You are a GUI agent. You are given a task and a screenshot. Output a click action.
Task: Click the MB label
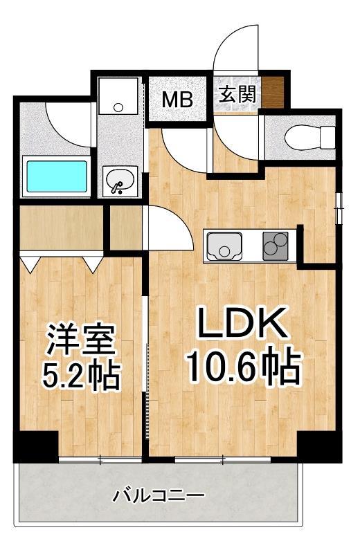click(x=177, y=99)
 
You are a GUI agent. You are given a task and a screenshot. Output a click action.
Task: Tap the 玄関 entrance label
click(x=237, y=94)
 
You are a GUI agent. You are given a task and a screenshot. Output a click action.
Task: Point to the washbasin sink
click(x=120, y=181)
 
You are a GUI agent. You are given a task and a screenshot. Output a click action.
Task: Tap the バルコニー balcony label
click(x=159, y=496)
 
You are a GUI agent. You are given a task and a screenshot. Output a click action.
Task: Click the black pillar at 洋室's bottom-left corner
click(x=35, y=446)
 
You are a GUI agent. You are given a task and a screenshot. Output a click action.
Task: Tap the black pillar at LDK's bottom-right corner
click(x=321, y=446)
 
